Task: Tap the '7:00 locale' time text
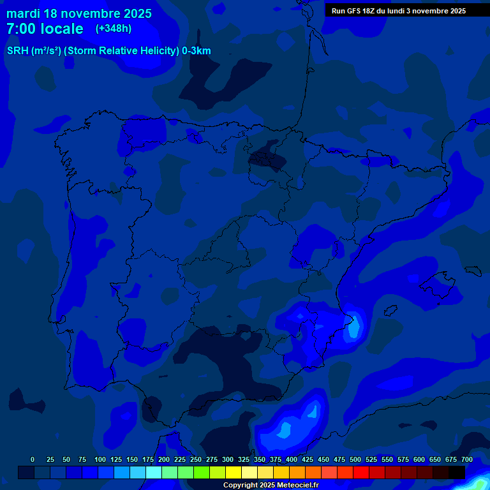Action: [x=45, y=29]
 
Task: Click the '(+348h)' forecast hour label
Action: [x=113, y=29]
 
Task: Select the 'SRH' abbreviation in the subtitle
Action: [x=17, y=51]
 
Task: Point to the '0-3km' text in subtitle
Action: [x=197, y=51]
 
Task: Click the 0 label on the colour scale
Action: [x=33, y=459]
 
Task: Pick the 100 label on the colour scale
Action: [x=100, y=459]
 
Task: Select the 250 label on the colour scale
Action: [x=195, y=459]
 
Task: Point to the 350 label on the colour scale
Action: [x=259, y=459]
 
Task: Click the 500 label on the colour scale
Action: [x=355, y=459]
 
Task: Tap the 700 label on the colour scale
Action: [x=466, y=459]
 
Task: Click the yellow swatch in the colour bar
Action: [x=234, y=472]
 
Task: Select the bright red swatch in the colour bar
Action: [x=361, y=472]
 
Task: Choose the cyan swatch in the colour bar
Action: [x=154, y=472]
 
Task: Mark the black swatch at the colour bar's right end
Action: [x=457, y=472]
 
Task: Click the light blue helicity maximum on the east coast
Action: [x=353, y=328]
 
